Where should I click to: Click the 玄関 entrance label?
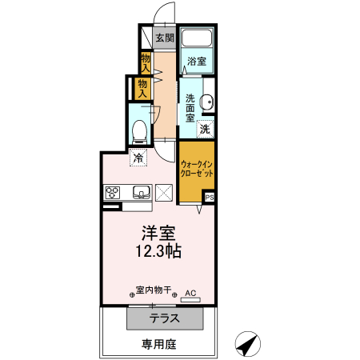coord(164,38)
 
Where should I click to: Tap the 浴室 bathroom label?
coord(196,62)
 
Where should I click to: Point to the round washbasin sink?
coord(207,102)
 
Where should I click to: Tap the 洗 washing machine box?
coord(205,128)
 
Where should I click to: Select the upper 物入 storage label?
coord(146,61)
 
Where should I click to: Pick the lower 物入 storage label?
coord(142,87)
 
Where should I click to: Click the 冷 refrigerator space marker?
coord(138,158)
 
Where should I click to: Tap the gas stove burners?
coord(112,191)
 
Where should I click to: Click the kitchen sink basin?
coord(141,191)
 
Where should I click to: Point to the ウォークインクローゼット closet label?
coord(195,169)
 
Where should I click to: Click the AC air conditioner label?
coord(190,294)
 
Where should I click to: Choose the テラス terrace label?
coord(163,318)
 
